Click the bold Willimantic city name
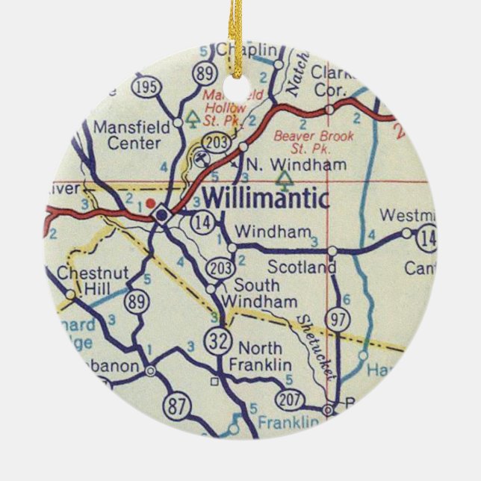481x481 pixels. click(265, 199)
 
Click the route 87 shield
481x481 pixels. click(177, 407)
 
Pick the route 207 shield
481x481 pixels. click(289, 400)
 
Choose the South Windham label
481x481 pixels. click(258, 293)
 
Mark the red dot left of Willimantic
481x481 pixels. click(150, 202)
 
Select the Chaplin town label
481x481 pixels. click(247, 50)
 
